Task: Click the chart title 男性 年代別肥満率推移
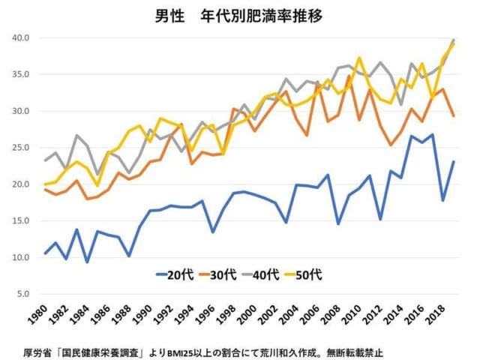(x=240, y=15)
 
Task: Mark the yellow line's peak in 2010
(x=360, y=58)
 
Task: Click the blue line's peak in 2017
(x=433, y=135)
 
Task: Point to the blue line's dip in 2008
(x=339, y=223)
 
